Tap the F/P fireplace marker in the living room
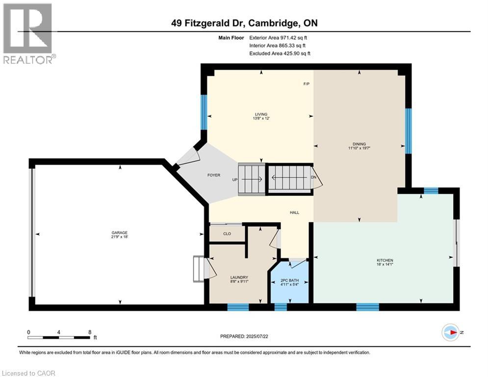[x=306, y=84]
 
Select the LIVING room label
[x=260, y=114]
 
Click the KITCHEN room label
[x=385, y=260]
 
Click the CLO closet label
[x=227, y=234]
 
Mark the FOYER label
[x=213, y=175]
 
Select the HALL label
[x=294, y=213]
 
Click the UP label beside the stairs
[x=234, y=180]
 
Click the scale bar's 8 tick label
[x=89, y=332]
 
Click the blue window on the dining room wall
[x=408, y=130]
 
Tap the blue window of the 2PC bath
[x=280, y=307]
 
